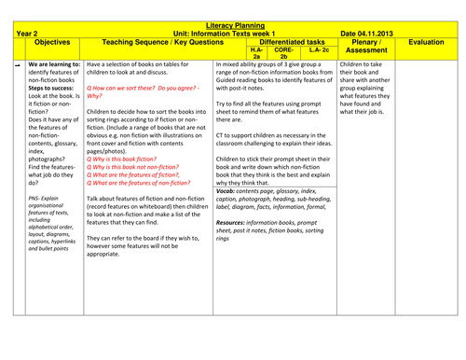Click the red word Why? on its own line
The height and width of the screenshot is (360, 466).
pos(94,96)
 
